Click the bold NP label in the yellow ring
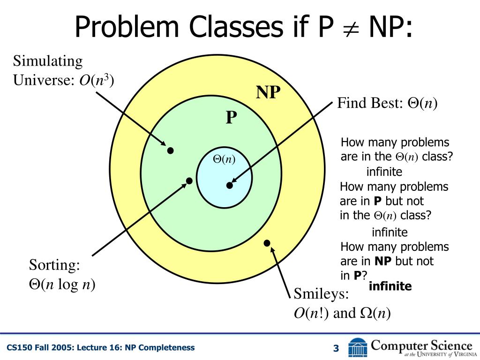coord(268,92)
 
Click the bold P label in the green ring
coord(231,117)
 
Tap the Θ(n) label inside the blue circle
coord(224,159)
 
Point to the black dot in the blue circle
coord(229,185)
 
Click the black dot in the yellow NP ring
coord(267,242)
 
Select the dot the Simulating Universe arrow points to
coord(171,150)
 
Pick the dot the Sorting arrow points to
coord(189,180)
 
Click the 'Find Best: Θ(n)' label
coord(387,103)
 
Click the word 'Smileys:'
coord(322,294)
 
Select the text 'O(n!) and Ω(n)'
coord(342,313)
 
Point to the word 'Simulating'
coord(48,61)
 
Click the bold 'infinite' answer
coord(390,286)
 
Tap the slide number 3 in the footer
coord(336,348)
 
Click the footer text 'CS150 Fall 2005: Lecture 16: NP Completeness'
coord(100,347)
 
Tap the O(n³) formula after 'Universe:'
coord(96,80)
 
